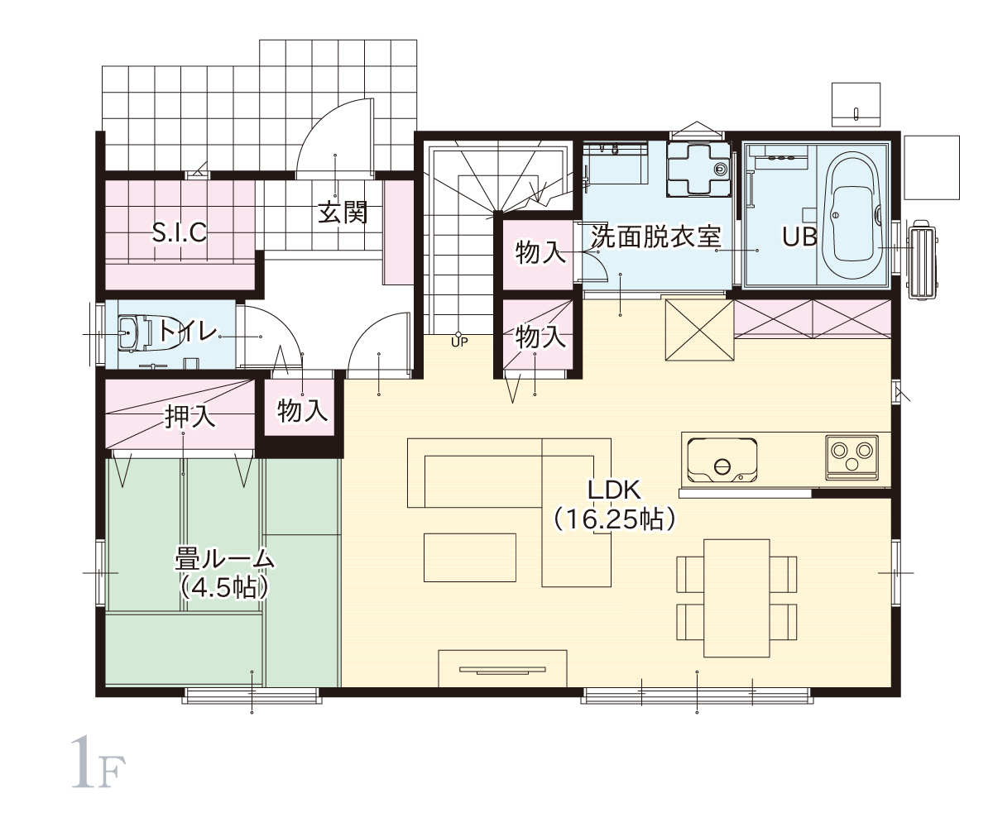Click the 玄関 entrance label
pos(343,213)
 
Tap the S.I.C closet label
pos(180,232)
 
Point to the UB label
pos(800,237)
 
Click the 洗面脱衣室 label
pos(656,237)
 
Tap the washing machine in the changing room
pos(698,169)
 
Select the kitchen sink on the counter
pos(722,460)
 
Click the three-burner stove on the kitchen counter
pos(851,457)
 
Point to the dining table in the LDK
pos(736,599)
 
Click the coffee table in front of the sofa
pos(470,557)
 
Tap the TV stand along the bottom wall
pos(502,668)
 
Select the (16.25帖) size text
pos(614,520)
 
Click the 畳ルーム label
pos(225,559)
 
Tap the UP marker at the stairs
pos(459,342)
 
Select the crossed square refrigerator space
pos(699,330)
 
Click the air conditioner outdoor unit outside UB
pos(923,260)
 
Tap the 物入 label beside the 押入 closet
pos(303,411)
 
